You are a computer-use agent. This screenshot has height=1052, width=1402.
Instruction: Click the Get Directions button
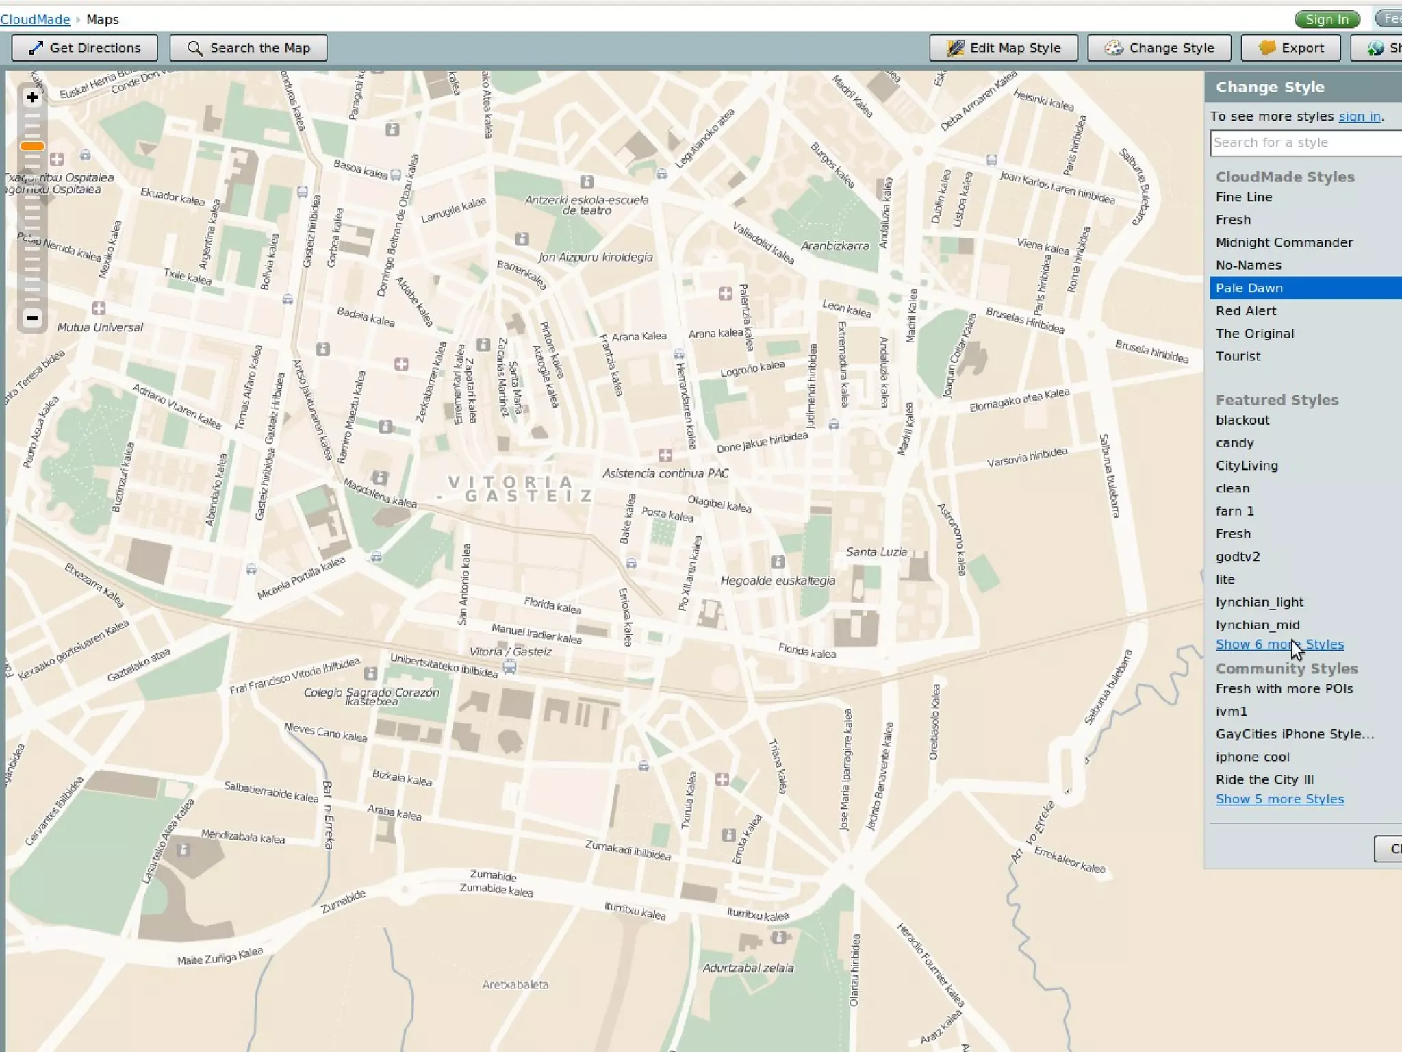84,48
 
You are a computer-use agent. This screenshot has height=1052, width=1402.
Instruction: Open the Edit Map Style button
1003,48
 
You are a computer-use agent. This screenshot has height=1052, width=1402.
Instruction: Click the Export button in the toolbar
1290,48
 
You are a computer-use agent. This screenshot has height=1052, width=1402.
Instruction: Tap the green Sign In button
1326,19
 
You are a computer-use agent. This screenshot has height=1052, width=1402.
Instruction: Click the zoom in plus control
32,97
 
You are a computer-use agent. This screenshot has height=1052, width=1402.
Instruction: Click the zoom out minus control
32,318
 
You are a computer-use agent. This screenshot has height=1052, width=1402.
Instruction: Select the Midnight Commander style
1284,242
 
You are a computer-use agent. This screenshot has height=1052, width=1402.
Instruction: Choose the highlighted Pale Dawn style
1249,288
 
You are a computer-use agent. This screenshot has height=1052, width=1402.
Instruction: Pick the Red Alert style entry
1245,311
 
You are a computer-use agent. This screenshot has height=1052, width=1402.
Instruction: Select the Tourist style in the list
1238,356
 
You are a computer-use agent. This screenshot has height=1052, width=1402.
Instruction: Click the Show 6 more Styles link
1279,644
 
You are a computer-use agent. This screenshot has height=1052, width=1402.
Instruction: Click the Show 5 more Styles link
1279,799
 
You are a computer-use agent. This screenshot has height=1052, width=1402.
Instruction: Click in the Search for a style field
1304,142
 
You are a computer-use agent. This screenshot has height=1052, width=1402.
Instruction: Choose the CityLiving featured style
1247,466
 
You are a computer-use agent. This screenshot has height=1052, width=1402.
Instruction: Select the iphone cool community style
1252,757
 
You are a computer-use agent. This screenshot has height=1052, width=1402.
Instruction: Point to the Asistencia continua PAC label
665,473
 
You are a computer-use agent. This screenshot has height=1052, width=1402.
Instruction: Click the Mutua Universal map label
100,327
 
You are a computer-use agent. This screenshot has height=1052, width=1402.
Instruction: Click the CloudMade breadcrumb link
35,19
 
